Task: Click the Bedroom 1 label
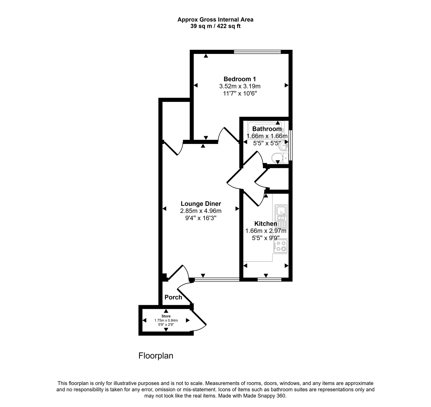[239, 79]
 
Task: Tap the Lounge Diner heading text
[201, 204]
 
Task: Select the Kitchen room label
[266, 224]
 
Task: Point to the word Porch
[173, 297]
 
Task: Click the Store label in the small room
[166, 316]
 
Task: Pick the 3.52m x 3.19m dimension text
[239, 86]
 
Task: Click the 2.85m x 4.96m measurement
[201, 211]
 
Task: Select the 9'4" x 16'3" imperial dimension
[201, 218]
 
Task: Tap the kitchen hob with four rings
[281, 246]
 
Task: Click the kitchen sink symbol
[281, 213]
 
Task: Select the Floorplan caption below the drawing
[156, 356]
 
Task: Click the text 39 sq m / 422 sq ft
[215, 26]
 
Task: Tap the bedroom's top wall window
[257, 52]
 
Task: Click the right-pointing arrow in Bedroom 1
[286, 85]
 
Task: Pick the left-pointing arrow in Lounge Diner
[164, 209]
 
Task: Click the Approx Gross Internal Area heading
[215, 19]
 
